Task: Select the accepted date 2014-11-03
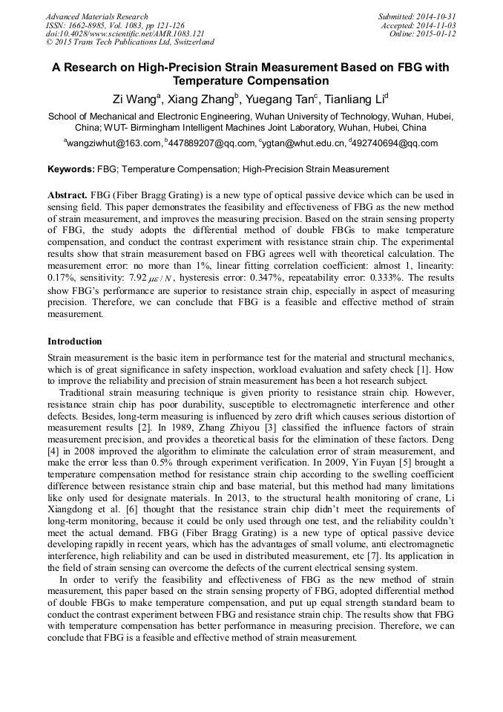point(437,25)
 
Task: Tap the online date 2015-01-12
point(437,34)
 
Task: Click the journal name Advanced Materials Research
point(96,16)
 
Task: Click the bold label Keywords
point(70,169)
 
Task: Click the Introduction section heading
point(75,342)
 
